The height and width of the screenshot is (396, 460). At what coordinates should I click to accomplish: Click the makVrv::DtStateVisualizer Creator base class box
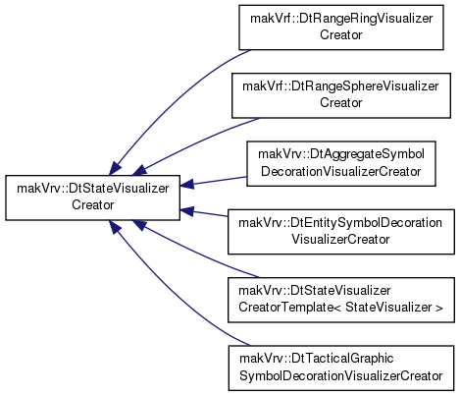92,198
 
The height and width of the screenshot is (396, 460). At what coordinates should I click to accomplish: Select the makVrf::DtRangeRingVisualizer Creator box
341,28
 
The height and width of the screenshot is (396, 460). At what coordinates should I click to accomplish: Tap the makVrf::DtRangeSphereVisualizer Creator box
341,95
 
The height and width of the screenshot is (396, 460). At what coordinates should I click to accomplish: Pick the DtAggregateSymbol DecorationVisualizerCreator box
341,164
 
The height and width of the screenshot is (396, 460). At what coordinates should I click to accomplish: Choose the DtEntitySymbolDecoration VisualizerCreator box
341,232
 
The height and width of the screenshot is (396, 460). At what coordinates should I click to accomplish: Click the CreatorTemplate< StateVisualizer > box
341,300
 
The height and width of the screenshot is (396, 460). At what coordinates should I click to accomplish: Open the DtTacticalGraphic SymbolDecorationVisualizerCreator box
341,368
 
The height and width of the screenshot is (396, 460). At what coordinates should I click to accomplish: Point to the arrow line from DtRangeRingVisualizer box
174,98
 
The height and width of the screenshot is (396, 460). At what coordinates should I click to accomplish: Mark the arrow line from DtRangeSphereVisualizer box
196,143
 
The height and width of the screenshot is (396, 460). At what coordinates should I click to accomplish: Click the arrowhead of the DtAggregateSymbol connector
186,184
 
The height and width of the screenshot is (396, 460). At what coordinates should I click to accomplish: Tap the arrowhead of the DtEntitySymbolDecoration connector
186,211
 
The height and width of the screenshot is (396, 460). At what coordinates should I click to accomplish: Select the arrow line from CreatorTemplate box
196,253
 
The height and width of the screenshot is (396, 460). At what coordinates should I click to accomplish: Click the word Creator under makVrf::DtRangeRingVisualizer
341,34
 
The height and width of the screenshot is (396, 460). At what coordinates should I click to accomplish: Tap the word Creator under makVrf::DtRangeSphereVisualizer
341,103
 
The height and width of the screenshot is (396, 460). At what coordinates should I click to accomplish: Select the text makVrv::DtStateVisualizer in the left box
93,189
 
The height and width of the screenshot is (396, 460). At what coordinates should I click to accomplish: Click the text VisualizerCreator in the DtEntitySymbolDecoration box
340,240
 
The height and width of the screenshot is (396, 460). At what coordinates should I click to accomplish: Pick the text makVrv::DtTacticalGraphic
316,359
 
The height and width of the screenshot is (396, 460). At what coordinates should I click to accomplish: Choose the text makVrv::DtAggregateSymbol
341,154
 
